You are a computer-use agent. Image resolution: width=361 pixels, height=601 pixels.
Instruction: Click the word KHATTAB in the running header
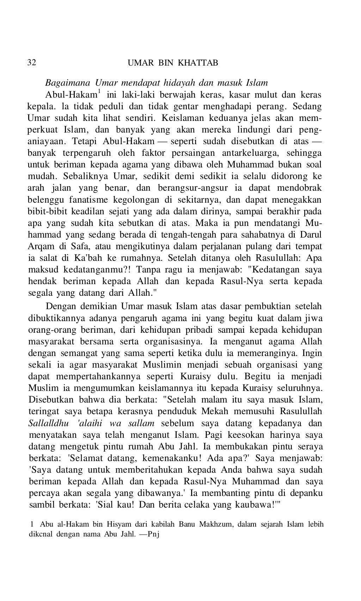pyautogui.click(x=198, y=63)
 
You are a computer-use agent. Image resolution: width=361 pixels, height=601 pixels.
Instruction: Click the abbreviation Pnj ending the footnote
pyautogui.click(x=154, y=533)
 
